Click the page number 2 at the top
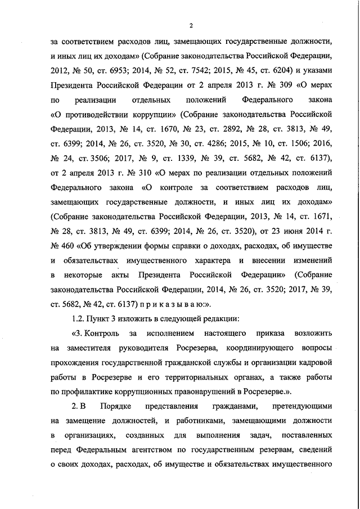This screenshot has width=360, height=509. (x=191, y=25)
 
